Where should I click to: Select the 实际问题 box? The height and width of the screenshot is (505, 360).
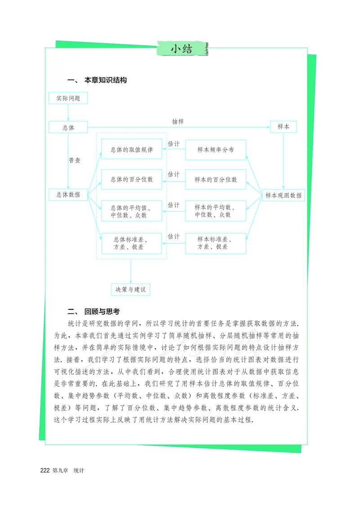click(x=68, y=98)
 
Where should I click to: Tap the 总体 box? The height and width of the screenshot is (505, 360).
click(x=68, y=127)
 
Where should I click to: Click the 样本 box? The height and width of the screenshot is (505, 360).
click(x=283, y=127)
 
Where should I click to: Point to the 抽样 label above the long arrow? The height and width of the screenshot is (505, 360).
click(x=178, y=121)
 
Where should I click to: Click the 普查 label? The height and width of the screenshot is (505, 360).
click(x=75, y=160)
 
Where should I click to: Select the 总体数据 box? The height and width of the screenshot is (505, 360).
click(x=68, y=195)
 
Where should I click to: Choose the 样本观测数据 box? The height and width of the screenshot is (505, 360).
click(x=283, y=195)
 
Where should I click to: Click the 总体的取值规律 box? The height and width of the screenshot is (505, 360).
click(x=131, y=150)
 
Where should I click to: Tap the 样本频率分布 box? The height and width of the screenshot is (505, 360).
click(x=216, y=150)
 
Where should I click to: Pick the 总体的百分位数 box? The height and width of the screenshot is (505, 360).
click(x=131, y=179)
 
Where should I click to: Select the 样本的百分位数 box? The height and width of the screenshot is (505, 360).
click(x=216, y=179)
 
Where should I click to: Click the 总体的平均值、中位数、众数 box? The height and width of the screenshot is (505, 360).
click(x=131, y=211)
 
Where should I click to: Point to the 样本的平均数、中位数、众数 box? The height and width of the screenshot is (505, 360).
click(x=216, y=211)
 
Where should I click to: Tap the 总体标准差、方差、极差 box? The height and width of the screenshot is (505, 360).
click(x=131, y=243)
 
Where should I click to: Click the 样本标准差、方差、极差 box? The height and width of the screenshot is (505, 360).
click(x=216, y=243)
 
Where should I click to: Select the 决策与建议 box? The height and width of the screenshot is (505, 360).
click(x=130, y=290)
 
